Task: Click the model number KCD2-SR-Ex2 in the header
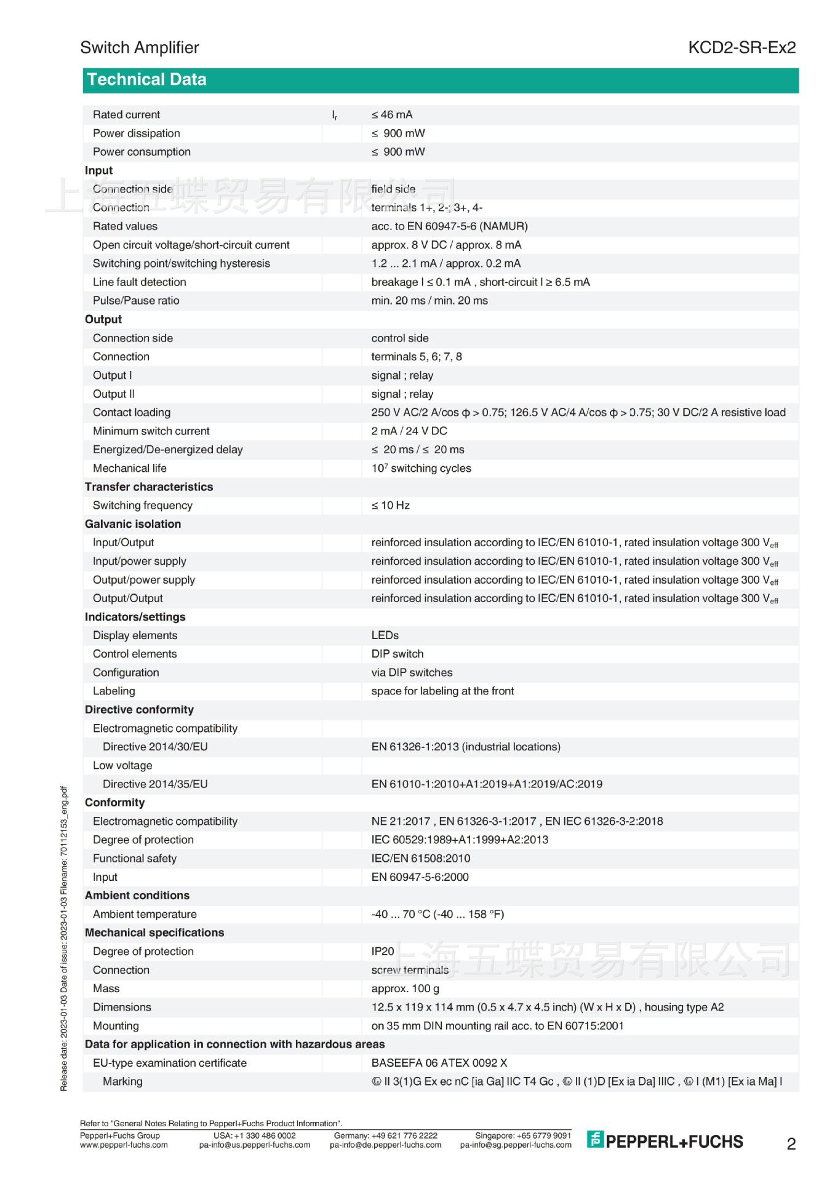click(x=741, y=47)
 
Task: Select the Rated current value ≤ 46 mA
click(x=392, y=115)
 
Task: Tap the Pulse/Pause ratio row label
click(x=136, y=301)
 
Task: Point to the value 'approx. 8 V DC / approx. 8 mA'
click(x=446, y=245)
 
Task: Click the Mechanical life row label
click(x=129, y=468)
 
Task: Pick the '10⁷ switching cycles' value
click(x=421, y=468)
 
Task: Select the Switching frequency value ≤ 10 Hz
click(x=390, y=506)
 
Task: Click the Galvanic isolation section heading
click(x=133, y=524)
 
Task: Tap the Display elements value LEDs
click(x=385, y=635)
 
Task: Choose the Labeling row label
click(x=114, y=691)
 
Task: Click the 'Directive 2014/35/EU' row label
click(x=155, y=784)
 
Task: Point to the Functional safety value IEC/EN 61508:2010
click(x=420, y=859)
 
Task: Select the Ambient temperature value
click(x=437, y=915)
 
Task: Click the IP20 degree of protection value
click(x=382, y=952)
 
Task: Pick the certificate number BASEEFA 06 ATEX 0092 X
click(x=439, y=1063)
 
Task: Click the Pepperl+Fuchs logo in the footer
click(x=665, y=1141)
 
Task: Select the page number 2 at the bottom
click(x=791, y=1144)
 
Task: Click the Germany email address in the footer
click(x=385, y=1145)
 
